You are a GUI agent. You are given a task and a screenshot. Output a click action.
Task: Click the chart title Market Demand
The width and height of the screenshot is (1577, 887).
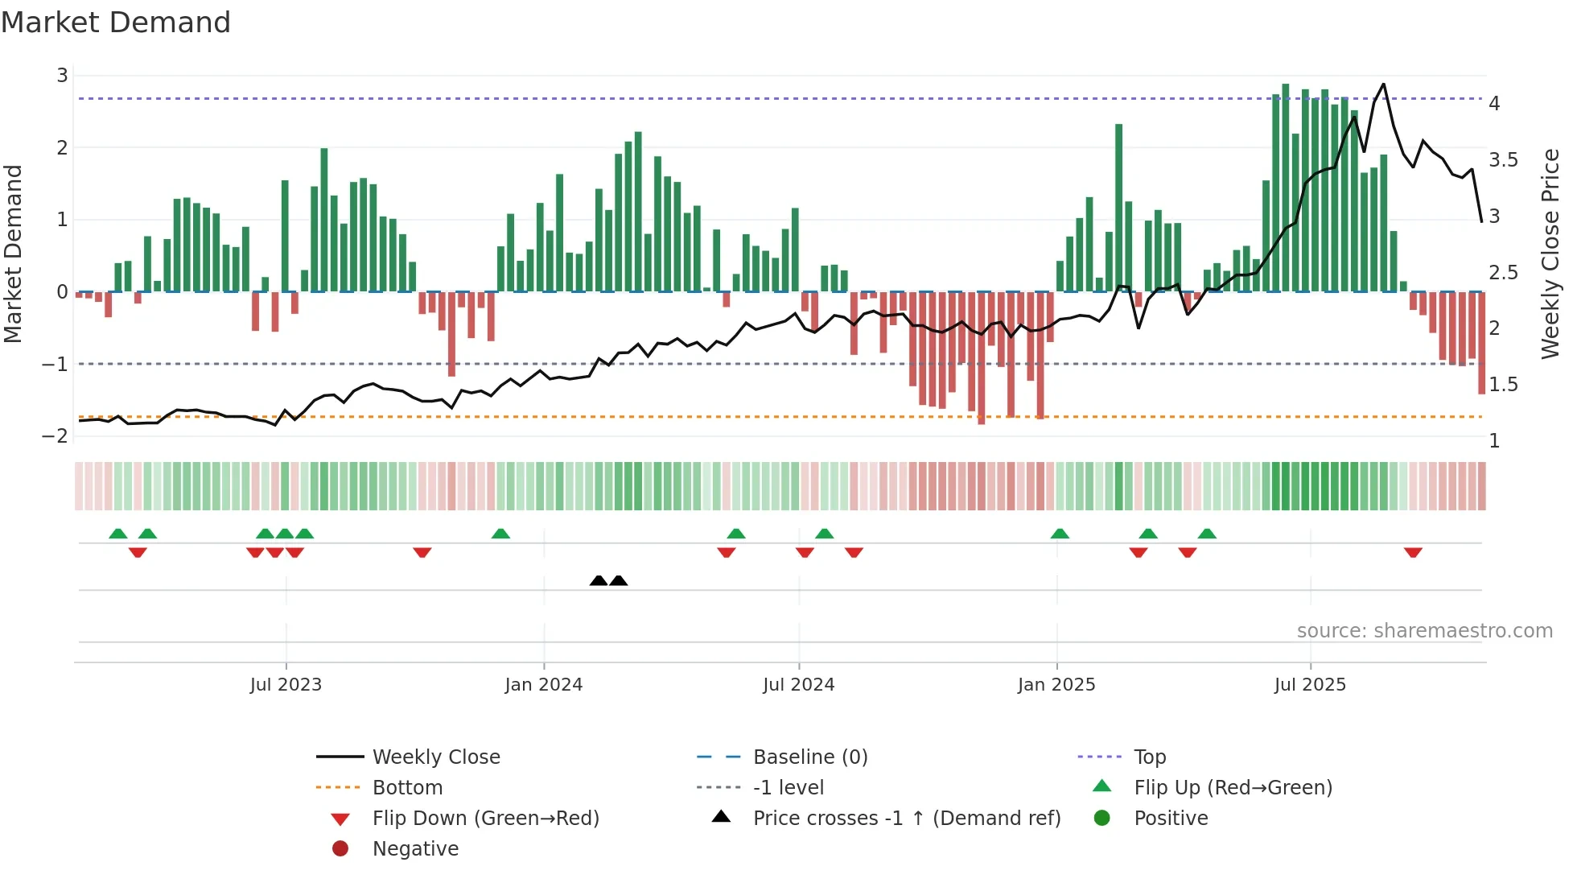pos(116,23)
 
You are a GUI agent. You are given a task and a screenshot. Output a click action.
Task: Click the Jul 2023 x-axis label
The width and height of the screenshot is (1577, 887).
pos(286,685)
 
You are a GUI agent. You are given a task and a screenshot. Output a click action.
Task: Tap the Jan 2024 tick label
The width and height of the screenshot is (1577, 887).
pos(543,685)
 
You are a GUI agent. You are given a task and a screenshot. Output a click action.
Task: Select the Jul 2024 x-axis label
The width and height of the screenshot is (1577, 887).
pos(798,685)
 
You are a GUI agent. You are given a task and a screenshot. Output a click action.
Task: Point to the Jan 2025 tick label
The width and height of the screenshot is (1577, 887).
pos(1056,685)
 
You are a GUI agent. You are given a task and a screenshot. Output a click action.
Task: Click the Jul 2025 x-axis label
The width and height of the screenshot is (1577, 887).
pos(1310,685)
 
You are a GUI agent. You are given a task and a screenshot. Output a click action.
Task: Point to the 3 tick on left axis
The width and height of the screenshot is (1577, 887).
pos(62,76)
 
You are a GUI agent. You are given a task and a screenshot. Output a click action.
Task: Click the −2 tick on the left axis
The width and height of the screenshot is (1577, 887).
pos(56,436)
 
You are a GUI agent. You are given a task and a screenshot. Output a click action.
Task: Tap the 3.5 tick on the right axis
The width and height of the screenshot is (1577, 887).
pos(1503,160)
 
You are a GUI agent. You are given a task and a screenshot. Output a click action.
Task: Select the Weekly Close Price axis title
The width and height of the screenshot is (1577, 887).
pos(1550,254)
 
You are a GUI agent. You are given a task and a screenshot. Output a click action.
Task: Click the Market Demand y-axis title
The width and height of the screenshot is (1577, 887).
pos(13,254)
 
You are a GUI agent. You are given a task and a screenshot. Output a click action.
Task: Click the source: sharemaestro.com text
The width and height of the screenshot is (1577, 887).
pos(1424,631)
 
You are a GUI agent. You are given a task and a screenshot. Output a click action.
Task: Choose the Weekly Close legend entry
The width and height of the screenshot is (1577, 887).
pos(436,757)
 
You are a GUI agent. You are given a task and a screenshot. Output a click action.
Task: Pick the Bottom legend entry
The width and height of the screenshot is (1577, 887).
pos(407,788)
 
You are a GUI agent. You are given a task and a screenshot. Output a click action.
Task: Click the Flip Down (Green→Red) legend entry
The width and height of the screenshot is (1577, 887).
pos(485,819)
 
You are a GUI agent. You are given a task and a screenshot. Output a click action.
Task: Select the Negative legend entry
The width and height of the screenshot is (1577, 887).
pos(415,849)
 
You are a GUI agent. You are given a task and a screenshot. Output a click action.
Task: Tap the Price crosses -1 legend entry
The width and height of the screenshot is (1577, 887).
pos(906,819)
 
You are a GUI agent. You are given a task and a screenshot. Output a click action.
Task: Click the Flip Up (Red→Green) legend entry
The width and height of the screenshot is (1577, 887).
pos(1233,788)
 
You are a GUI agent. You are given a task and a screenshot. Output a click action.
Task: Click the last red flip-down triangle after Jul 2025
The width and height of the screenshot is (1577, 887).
pos(1413,552)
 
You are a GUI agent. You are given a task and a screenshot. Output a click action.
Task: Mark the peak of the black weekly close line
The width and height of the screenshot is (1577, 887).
pos(1383,84)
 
